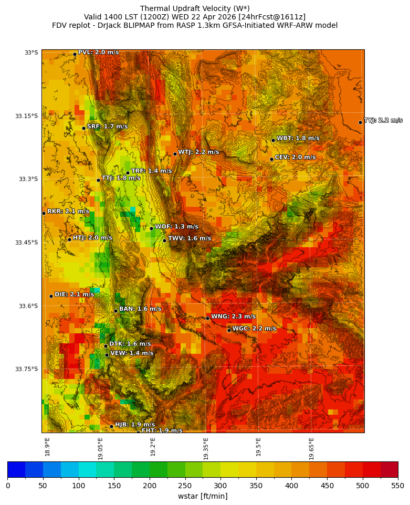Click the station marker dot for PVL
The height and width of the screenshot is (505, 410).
[75, 54]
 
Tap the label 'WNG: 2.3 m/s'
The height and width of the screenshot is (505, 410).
[233, 317]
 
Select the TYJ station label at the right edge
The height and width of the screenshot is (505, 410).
[383, 121]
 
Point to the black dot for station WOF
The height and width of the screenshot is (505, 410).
[151, 228]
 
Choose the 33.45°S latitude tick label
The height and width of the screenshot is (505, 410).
[28, 243]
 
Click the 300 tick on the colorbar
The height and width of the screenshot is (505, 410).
[221, 486]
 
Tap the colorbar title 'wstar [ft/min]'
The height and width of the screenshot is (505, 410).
[202, 496]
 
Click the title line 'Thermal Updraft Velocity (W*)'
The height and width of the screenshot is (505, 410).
[194, 8]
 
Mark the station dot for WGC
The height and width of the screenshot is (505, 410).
[229, 330]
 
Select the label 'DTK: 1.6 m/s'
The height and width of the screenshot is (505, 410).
[130, 344]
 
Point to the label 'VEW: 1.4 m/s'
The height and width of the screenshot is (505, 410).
[132, 353]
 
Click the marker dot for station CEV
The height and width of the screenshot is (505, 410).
[271, 159]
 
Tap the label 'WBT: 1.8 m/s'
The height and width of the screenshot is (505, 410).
[298, 139]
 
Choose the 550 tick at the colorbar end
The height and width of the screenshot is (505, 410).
[397, 486]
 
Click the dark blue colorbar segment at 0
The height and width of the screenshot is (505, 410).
[16, 469]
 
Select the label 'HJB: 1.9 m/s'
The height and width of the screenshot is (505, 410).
[135, 425]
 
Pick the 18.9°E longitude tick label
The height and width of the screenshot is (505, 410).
[47, 447]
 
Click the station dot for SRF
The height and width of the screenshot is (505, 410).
[83, 128]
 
